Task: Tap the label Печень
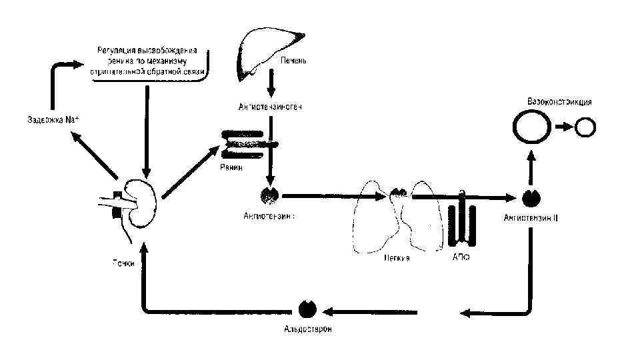[x=293, y=61]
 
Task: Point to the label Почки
[x=123, y=263]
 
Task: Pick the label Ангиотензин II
[x=531, y=217]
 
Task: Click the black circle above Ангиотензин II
[x=531, y=197]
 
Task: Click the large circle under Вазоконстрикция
[x=531, y=127]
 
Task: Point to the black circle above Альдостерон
[x=307, y=309]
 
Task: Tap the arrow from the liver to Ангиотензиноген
[x=271, y=83]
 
